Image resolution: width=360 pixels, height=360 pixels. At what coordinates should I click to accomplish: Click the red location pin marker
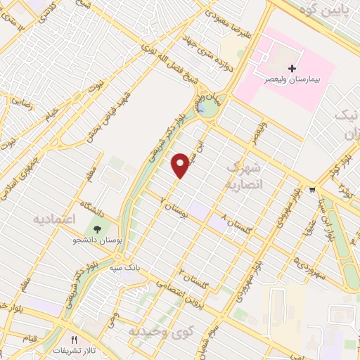(x=181, y=165)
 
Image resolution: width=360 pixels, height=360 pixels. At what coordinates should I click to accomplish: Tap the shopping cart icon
(x=312, y=191)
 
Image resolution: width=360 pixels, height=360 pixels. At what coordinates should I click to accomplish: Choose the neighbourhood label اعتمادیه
(x=54, y=219)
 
